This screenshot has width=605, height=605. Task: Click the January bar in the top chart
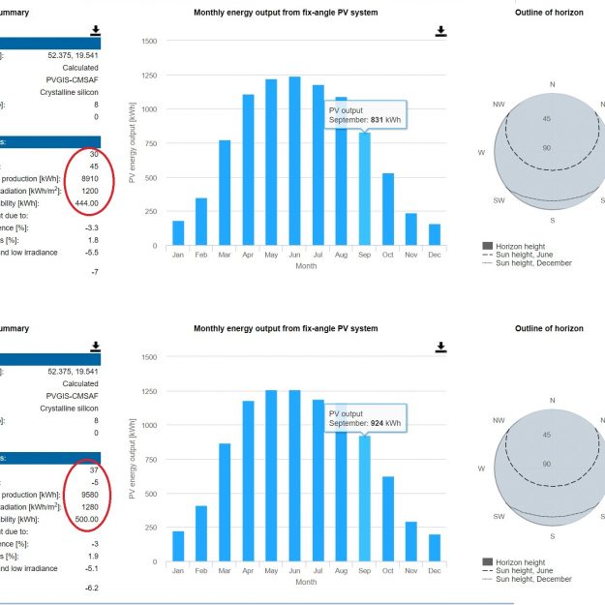coord(178,233)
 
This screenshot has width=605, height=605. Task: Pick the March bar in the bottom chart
coord(225,502)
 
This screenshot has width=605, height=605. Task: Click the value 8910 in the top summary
coord(101,178)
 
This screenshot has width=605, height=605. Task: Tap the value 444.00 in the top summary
coord(99,203)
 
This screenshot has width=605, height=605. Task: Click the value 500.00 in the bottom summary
coord(99,519)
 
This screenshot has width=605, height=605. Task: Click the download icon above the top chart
coord(440,31)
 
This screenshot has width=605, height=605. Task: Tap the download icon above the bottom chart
coord(440,347)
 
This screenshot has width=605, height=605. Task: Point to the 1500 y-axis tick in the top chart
coord(147,42)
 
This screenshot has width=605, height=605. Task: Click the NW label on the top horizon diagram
coord(499,105)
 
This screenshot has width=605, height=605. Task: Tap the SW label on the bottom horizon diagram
coord(499,516)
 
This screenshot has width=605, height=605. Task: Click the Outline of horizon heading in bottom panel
coord(549,329)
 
